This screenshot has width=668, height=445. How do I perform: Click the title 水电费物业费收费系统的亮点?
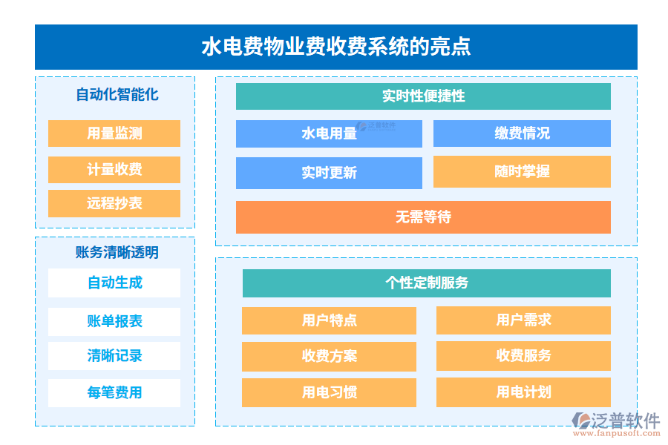[335, 47]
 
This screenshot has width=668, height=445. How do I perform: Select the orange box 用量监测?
[114, 133]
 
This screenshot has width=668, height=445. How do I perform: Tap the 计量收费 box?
[114, 169]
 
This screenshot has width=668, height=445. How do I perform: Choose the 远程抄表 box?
[114, 203]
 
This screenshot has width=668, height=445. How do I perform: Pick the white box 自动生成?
[114, 283]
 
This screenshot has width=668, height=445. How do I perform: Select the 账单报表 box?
[114, 321]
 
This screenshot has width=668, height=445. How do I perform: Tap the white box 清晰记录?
[114, 356]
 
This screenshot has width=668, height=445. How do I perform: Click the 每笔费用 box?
[114, 392]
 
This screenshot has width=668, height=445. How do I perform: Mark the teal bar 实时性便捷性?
[423, 96]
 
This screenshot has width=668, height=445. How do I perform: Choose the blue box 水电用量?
[329, 133]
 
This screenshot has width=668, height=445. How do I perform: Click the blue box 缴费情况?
[522, 133]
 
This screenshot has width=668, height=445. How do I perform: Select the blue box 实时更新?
[329, 173]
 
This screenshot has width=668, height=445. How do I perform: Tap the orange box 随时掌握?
[522, 171]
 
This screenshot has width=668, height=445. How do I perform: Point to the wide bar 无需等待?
[423, 217]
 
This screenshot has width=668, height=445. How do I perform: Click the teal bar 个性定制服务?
[426, 283]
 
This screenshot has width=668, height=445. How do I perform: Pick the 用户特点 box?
[329, 320]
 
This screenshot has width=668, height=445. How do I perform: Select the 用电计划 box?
[523, 392]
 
